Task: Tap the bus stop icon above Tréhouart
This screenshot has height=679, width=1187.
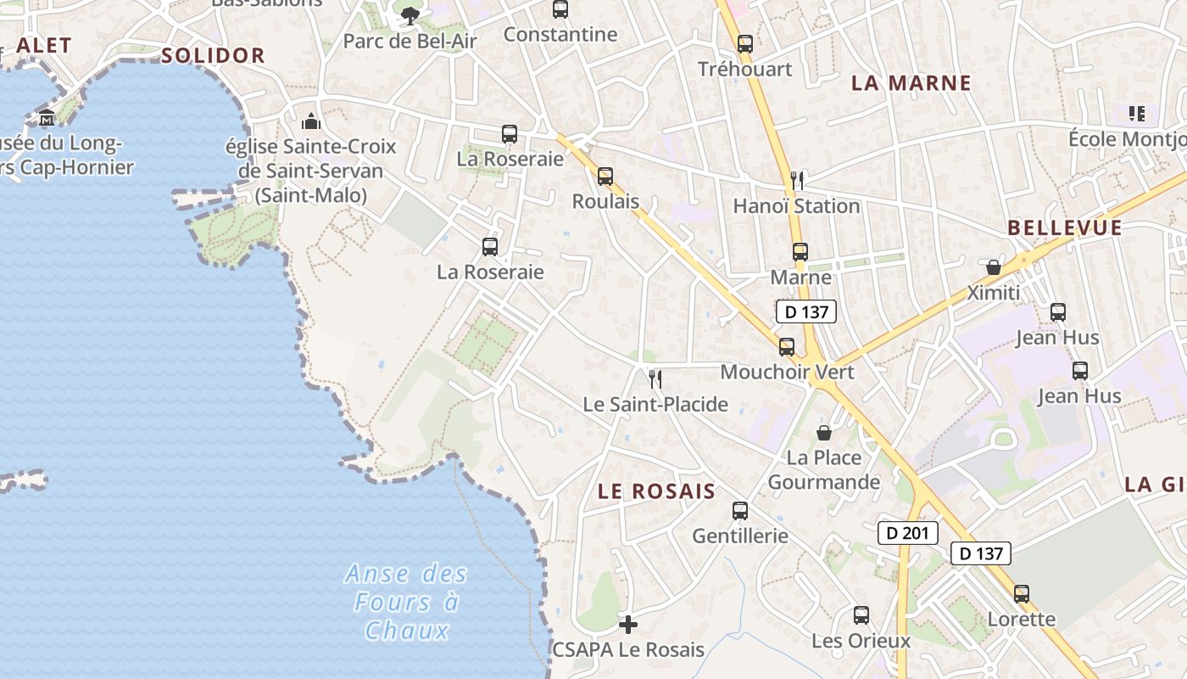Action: coord(744,44)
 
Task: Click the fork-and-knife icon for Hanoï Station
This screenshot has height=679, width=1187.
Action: coord(796,180)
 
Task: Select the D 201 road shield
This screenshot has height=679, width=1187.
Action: coord(908,533)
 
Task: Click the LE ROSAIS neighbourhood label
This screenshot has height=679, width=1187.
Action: coord(656,491)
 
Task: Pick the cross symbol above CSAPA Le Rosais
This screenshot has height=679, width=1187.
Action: coord(627,626)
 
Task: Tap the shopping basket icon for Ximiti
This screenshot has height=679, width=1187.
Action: coord(994,268)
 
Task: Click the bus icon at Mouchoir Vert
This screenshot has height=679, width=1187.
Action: coord(787,347)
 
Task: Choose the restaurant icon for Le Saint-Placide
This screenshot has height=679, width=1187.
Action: coord(655,379)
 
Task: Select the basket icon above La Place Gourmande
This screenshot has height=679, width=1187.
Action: coord(823,433)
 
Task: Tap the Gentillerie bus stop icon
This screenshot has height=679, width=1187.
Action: coord(740,511)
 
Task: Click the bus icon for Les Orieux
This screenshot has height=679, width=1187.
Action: coord(861,615)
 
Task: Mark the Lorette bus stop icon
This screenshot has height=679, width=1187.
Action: coord(1022,594)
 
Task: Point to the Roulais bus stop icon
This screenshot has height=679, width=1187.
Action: coord(605,177)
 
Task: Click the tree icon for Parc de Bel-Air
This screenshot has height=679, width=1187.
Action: coord(410,15)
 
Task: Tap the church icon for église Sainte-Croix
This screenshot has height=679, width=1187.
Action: coord(311,121)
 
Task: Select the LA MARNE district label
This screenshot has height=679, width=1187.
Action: coord(911,83)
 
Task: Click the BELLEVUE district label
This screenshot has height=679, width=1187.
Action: coord(1065,227)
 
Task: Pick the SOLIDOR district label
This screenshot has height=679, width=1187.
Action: coord(213,56)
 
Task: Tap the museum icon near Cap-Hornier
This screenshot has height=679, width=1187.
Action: coord(46,117)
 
